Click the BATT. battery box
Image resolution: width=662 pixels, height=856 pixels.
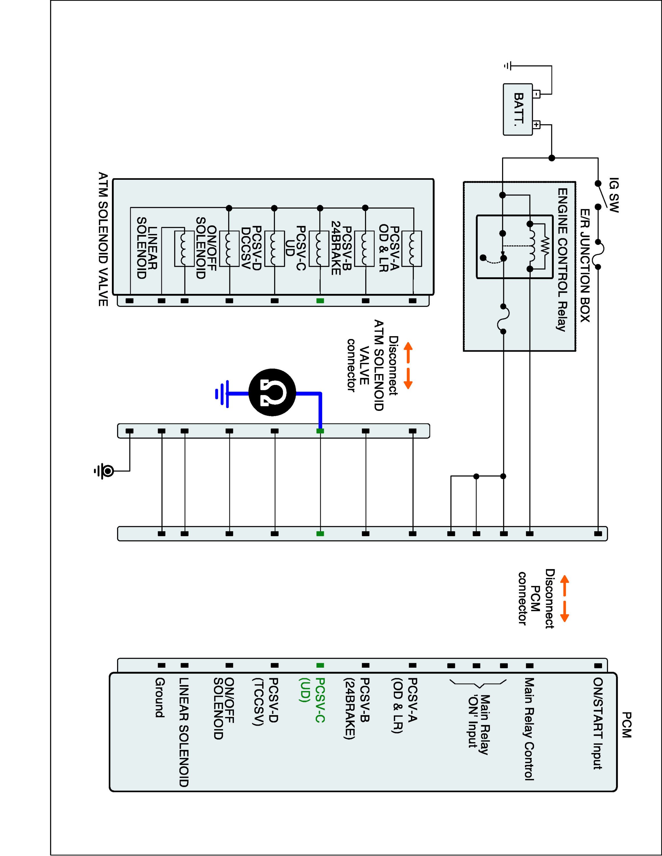point(518,109)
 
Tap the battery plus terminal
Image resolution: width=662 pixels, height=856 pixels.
point(537,125)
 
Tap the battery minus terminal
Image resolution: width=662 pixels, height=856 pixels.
point(537,94)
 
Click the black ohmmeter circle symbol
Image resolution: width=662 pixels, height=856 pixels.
point(272,392)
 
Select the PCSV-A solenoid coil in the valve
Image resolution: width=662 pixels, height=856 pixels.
point(412,249)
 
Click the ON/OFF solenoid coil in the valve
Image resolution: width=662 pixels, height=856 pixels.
point(184,249)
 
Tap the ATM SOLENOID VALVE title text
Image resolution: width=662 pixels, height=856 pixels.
point(103,239)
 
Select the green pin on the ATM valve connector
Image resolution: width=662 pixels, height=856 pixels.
point(320,301)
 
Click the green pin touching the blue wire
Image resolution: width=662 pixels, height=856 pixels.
point(320,431)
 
